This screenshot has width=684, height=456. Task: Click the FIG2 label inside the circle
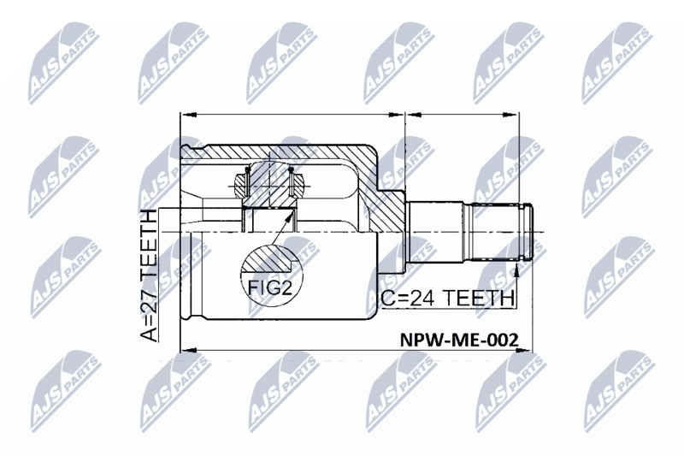click(269, 287)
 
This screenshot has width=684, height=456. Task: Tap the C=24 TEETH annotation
click(447, 299)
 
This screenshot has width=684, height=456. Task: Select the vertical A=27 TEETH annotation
click(148, 275)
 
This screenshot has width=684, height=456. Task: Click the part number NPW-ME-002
click(460, 340)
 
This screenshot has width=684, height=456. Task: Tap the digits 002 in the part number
click(504, 340)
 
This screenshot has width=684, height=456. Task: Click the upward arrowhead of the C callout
click(516, 269)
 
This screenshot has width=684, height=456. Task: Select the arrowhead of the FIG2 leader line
click(289, 216)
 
